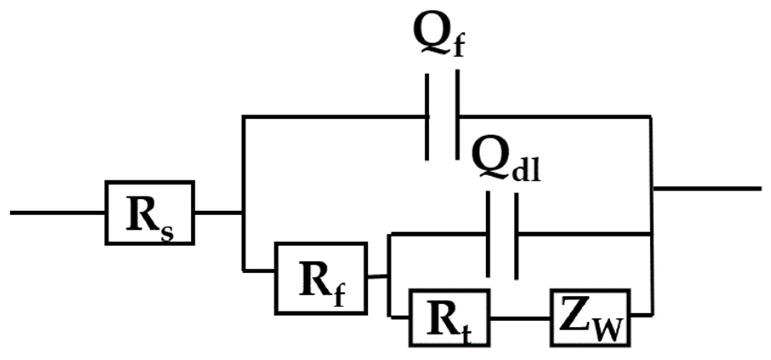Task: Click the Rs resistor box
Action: (x=150, y=212)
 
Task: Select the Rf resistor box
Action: (x=321, y=278)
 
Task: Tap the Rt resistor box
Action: (x=449, y=317)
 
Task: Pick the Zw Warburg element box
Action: (x=590, y=317)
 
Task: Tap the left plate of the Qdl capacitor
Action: (x=488, y=234)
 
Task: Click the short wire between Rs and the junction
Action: (x=218, y=212)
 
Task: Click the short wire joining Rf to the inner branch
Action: (x=377, y=277)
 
